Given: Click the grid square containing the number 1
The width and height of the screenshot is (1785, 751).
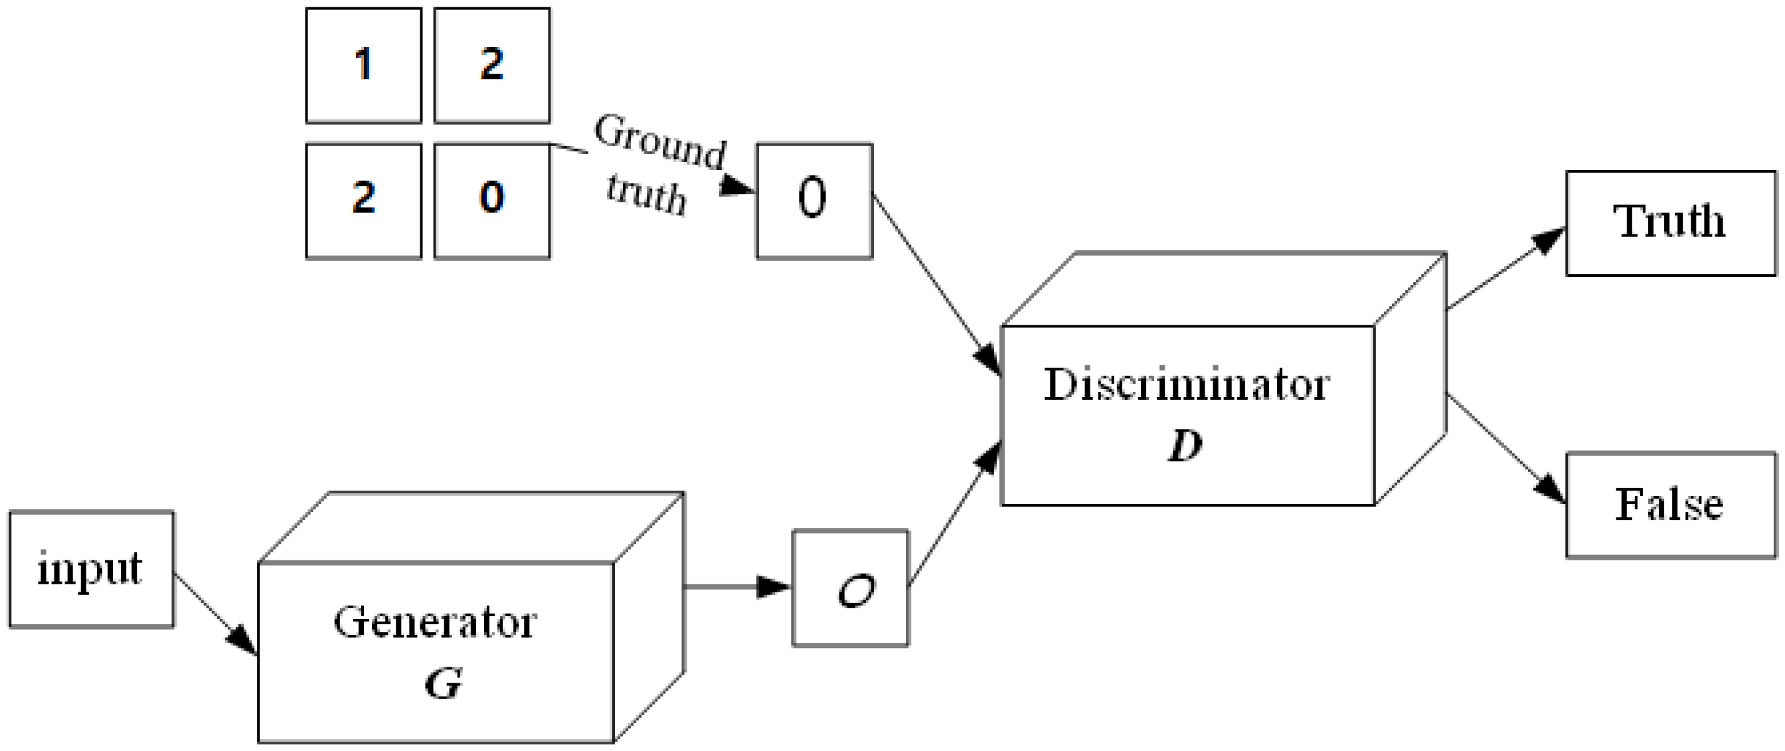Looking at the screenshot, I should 363,65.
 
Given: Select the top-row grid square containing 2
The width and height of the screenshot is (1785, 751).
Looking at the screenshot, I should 491,65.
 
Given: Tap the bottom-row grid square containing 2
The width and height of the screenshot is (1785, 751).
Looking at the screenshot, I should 363,201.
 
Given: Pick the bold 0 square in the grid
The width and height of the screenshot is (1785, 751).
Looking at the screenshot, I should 491,201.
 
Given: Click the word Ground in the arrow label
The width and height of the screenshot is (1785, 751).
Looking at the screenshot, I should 659,143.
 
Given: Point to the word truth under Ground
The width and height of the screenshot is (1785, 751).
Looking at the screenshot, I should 646,195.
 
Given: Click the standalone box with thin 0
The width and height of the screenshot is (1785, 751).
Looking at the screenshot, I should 813,201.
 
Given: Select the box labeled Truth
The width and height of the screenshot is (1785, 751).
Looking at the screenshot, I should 1670,222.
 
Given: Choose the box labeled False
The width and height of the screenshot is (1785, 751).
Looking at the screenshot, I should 1670,505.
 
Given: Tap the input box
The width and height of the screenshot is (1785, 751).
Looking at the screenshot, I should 91,569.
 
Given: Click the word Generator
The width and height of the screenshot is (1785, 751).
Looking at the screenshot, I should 434,622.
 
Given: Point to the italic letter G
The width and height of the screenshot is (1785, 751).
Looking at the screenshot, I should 443,684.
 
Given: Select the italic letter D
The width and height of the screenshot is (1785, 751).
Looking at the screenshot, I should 1185,445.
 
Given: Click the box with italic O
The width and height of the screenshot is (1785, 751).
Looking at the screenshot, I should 850,588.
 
